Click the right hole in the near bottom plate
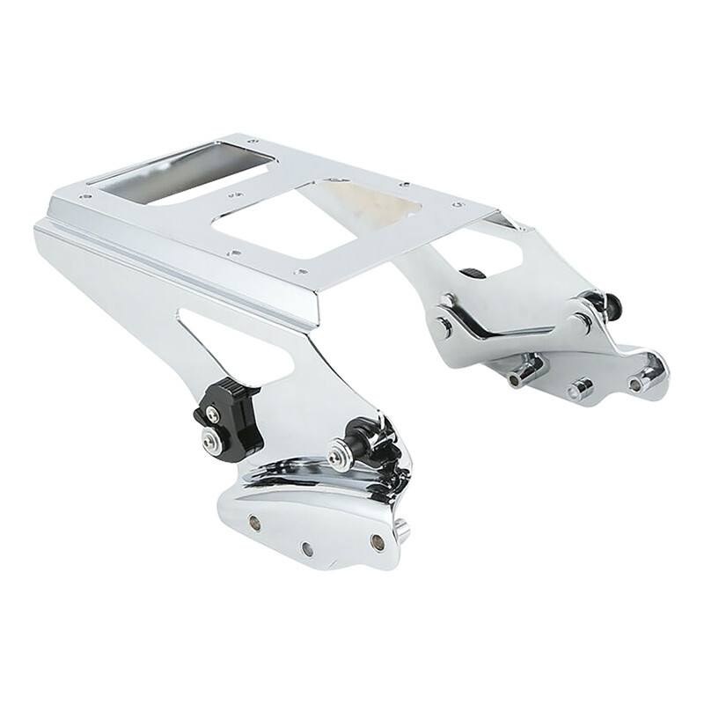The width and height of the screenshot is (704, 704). click(x=377, y=540)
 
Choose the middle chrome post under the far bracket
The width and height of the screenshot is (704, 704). click(x=579, y=388)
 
